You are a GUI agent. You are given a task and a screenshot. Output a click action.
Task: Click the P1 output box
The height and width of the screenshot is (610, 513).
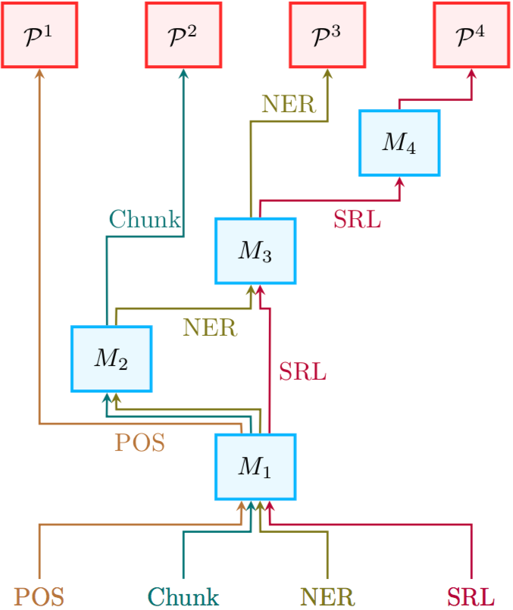point(39,35)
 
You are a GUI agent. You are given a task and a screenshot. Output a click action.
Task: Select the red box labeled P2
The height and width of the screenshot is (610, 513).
point(183,35)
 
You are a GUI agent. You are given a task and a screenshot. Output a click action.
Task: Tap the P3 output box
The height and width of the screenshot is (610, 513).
point(327,35)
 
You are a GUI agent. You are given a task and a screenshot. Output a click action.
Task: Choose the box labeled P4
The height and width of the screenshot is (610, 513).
point(471,35)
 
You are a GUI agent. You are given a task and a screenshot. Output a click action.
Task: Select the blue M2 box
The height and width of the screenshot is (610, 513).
point(111,358)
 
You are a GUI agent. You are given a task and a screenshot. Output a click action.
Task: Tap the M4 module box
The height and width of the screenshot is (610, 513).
point(399,143)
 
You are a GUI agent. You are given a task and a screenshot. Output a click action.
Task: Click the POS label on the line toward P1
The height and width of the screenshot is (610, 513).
point(139,443)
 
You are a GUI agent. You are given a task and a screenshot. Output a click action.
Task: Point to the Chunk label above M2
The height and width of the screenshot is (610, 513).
point(145,220)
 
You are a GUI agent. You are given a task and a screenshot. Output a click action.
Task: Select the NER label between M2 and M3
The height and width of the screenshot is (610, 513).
point(210,328)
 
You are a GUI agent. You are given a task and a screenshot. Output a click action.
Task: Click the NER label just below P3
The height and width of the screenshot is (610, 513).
point(289,104)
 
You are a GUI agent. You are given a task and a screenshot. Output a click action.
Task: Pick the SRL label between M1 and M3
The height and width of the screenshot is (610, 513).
point(302,372)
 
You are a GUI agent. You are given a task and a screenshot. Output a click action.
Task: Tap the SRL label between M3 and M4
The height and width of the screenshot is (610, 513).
point(357,220)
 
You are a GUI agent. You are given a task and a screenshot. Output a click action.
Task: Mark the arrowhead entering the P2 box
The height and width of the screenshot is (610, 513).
point(183,73)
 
